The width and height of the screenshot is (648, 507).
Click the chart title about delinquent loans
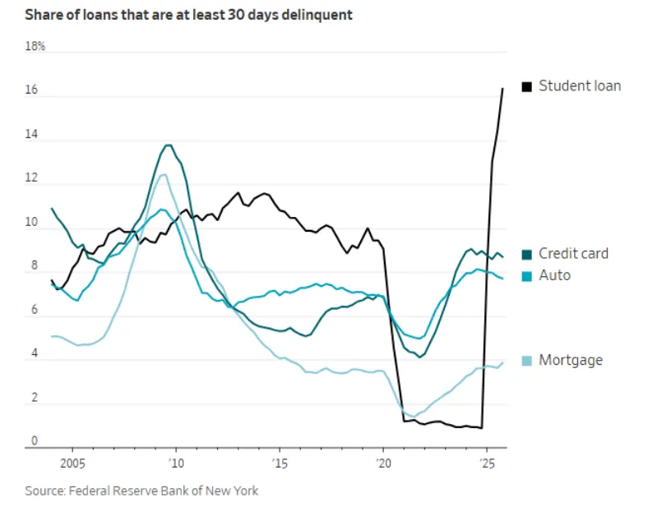point(189,15)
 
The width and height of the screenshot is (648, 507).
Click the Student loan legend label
point(580,85)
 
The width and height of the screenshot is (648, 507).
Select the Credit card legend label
point(573,254)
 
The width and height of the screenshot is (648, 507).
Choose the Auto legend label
point(554,275)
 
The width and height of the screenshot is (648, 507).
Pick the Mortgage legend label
point(570,360)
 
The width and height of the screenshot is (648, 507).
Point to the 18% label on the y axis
point(35,47)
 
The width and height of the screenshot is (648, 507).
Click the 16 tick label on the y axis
point(33,90)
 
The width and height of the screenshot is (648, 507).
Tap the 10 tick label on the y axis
point(33,222)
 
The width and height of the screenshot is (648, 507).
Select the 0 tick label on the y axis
point(35,441)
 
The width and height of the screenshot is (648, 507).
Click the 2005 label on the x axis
point(72,462)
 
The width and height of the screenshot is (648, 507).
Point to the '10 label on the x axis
point(176,462)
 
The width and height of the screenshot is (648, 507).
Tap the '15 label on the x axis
point(280,462)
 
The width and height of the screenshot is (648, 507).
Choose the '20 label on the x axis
point(383,462)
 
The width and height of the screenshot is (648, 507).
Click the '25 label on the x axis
point(487,462)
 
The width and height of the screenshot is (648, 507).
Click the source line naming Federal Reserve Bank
point(141,491)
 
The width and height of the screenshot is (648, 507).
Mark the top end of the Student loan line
point(503,88)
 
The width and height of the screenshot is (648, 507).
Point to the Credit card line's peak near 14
point(169,145)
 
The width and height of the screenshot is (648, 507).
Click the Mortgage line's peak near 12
point(163,174)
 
